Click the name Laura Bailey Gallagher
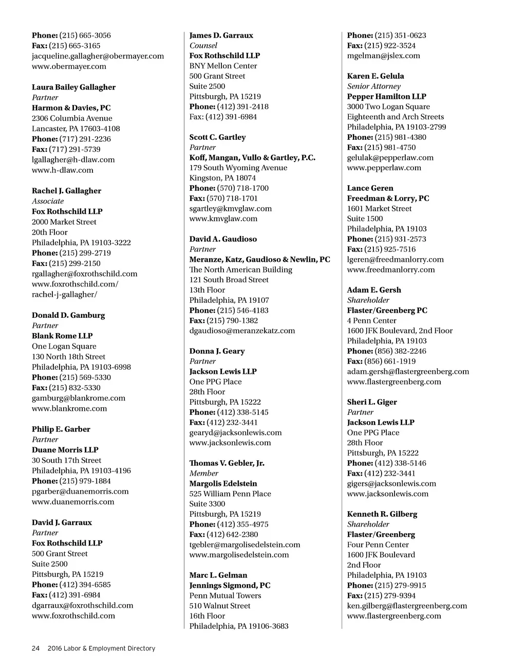click(x=73, y=87)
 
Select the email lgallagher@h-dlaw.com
click(x=73, y=160)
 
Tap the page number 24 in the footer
click(x=35, y=648)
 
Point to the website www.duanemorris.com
click(x=73, y=502)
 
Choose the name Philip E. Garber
click(x=61, y=429)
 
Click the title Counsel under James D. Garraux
click(x=203, y=46)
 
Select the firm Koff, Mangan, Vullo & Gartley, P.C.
click(x=252, y=158)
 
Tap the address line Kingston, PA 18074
click(x=222, y=178)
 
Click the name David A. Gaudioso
click(x=223, y=239)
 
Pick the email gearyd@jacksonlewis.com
click(x=235, y=433)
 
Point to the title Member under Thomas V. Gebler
click(x=203, y=474)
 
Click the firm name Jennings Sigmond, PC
click(x=230, y=586)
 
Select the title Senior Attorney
click(x=373, y=86)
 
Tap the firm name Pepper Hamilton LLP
click(x=386, y=97)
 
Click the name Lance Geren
click(x=370, y=188)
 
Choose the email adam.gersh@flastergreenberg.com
click(x=408, y=372)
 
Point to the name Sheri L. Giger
click(x=372, y=402)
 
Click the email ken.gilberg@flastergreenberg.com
click(x=407, y=606)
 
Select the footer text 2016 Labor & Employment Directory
click(x=101, y=648)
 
